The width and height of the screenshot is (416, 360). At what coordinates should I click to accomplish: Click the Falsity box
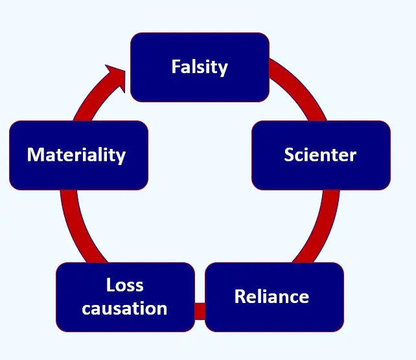pyautogui.click(x=200, y=67)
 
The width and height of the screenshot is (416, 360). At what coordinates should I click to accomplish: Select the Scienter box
pyautogui.click(x=321, y=155)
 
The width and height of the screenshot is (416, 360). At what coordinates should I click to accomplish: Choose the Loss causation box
pyautogui.click(x=125, y=297)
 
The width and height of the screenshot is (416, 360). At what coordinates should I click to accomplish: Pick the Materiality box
pyautogui.click(x=78, y=155)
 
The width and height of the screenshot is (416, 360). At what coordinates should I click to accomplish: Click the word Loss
pyautogui.click(x=125, y=285)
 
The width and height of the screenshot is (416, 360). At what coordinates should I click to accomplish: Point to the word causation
pyautogui.click(x=125, y=308)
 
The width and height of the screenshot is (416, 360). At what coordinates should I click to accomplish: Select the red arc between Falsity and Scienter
pyautogui.click(x=302, y=91)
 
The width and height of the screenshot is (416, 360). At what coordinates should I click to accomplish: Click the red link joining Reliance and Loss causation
pyautogui.click(x=200, y=311)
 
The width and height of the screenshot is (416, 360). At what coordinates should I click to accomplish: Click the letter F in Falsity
pyautogui.click(x=176, y=67)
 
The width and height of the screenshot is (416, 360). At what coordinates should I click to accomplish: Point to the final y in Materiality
pyautogui.click(x=121, y=157)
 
